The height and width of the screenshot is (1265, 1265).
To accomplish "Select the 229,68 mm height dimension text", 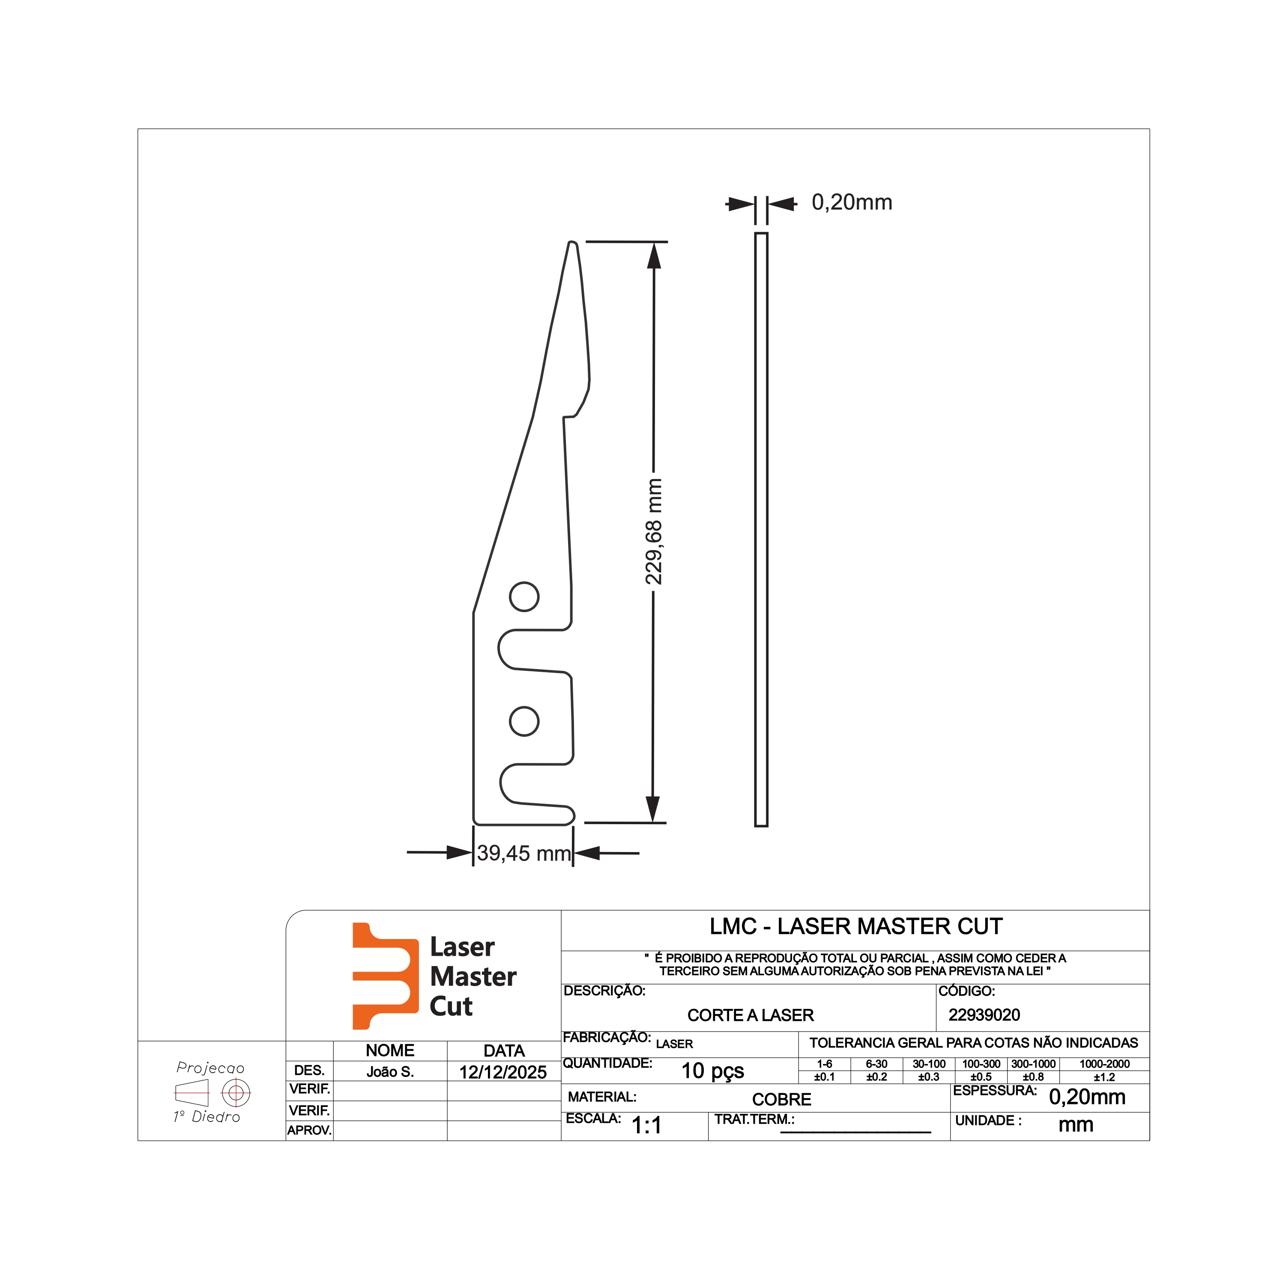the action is tap(653, 532).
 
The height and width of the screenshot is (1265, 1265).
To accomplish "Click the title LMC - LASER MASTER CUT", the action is tap(856, 927).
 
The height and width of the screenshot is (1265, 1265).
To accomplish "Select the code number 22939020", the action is tap(984, 1015).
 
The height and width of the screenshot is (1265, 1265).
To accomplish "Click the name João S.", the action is tap(390, 1072).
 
